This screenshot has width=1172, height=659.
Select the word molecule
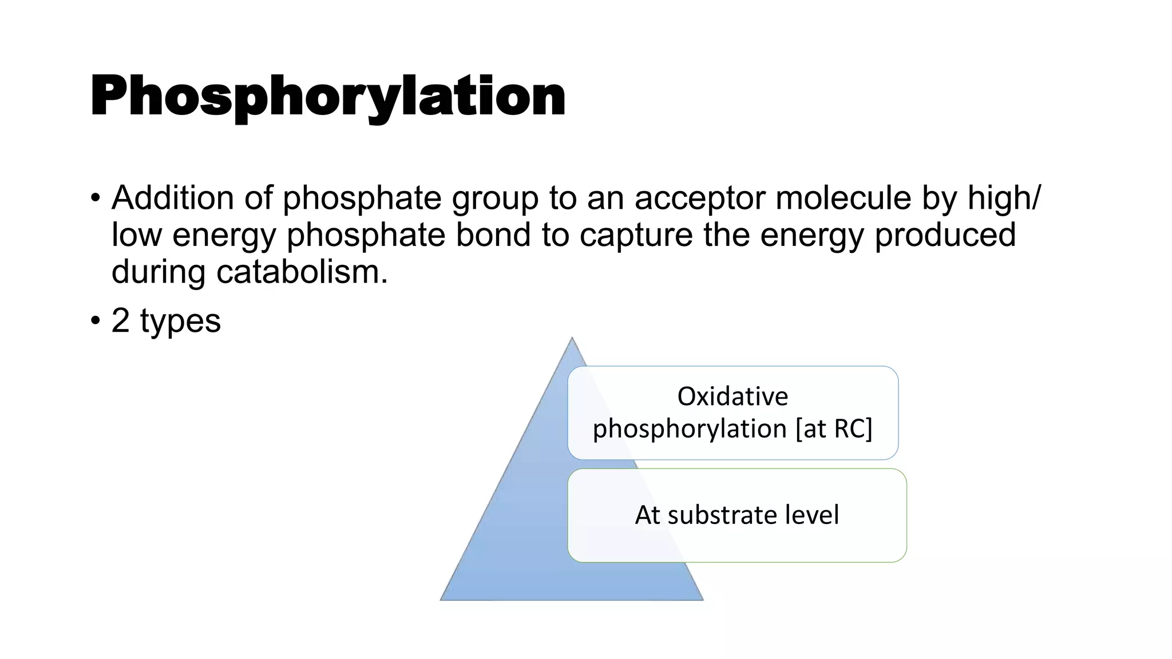coord(843,198)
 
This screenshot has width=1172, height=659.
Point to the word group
coord(495,199)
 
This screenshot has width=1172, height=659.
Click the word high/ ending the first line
coord(1004,198)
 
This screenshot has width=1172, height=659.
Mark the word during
coord(158,272)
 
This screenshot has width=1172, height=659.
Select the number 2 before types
coord(120,320)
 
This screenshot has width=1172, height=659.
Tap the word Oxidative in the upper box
coord(732,396)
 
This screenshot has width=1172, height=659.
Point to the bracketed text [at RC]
coord(834,428)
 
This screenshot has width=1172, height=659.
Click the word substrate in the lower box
coord(722,515)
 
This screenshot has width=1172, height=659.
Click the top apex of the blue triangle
coord(572,338)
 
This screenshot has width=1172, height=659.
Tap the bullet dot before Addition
coord(96,199)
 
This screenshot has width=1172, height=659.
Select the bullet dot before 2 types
coord(96,321)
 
